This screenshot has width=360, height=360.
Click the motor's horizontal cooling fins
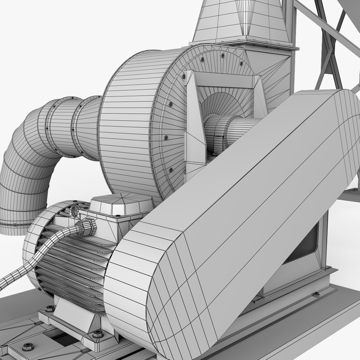point(73,267)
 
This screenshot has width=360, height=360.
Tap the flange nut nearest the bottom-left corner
point(28,347)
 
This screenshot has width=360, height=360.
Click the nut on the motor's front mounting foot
point(97,333)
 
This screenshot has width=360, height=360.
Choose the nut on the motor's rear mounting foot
point(50,309)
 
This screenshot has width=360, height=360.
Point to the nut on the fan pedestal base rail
point(316,295)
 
